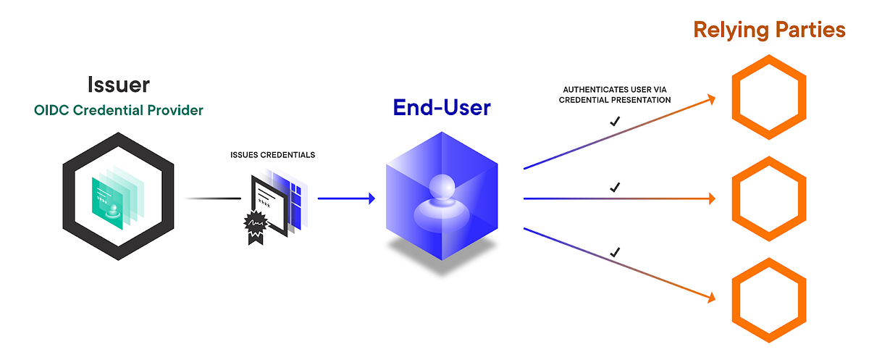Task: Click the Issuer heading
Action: pyautogui.click(x=119, y=83)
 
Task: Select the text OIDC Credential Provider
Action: pyautogui.click(x=119, y=111)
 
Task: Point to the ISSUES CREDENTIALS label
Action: pyautogui.click(x=272, y=155)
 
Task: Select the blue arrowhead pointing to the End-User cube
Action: pyautogui.click(x=371, y=198)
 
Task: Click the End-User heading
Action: pyautogui.click(x=442, y=107)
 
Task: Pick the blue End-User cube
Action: pyautogui.click(x=442, y=198)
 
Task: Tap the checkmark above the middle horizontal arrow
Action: pyautogui.click(x=615, y=187)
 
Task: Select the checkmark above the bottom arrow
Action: pyautogui.click(x=615, y=252)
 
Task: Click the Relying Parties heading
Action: pyautogui.click(x=769, y=30)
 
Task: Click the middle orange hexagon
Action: pyautogui.click(x=769, y=198)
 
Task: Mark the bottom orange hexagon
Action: pyautogui.click(x=769, y=300)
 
